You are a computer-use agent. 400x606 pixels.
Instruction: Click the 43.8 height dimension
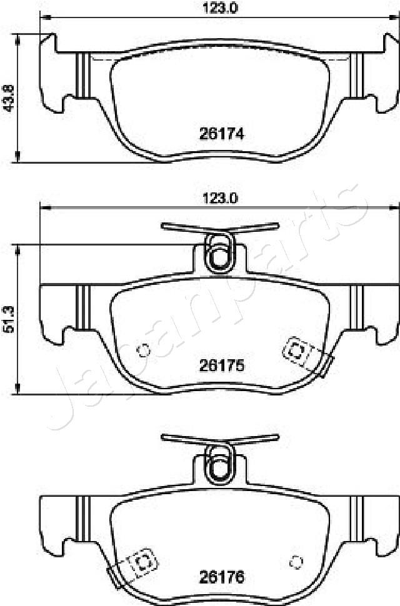(x=9, y=97)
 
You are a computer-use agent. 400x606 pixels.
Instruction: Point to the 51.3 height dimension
(x=9, y=319)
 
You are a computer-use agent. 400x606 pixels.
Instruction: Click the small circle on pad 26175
(x=143, y=351)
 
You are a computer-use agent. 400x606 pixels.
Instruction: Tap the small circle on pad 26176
(x=296, y=562)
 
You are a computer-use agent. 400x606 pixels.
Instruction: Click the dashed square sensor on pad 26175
(x=296, y=352)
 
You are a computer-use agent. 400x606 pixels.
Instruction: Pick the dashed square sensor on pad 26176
(x=143, y=561)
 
